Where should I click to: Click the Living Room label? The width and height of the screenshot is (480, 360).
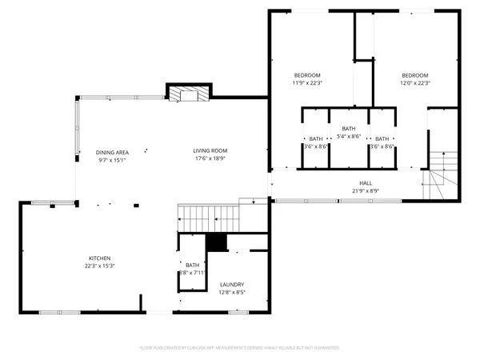point(210,150)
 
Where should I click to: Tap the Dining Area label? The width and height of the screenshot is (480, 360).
point(112,152)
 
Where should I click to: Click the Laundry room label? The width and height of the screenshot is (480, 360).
point(232,284)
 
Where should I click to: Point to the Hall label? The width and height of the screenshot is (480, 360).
point(366,182)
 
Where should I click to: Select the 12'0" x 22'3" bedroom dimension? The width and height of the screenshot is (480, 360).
point(415,82)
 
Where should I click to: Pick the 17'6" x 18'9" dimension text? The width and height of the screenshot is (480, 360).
point(210,158)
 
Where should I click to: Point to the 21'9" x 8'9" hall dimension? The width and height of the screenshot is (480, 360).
point(366,190)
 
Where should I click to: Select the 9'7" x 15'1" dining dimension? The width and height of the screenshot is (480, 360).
point(112,159)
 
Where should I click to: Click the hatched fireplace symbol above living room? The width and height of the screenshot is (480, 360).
point(175,94)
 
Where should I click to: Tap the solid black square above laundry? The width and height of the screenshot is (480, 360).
point(215,243)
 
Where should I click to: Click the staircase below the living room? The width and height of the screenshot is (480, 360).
point(208,217)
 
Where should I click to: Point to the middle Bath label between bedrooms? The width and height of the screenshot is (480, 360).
point(348,129)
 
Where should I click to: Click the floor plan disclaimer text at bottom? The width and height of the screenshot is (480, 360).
point(240,348)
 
